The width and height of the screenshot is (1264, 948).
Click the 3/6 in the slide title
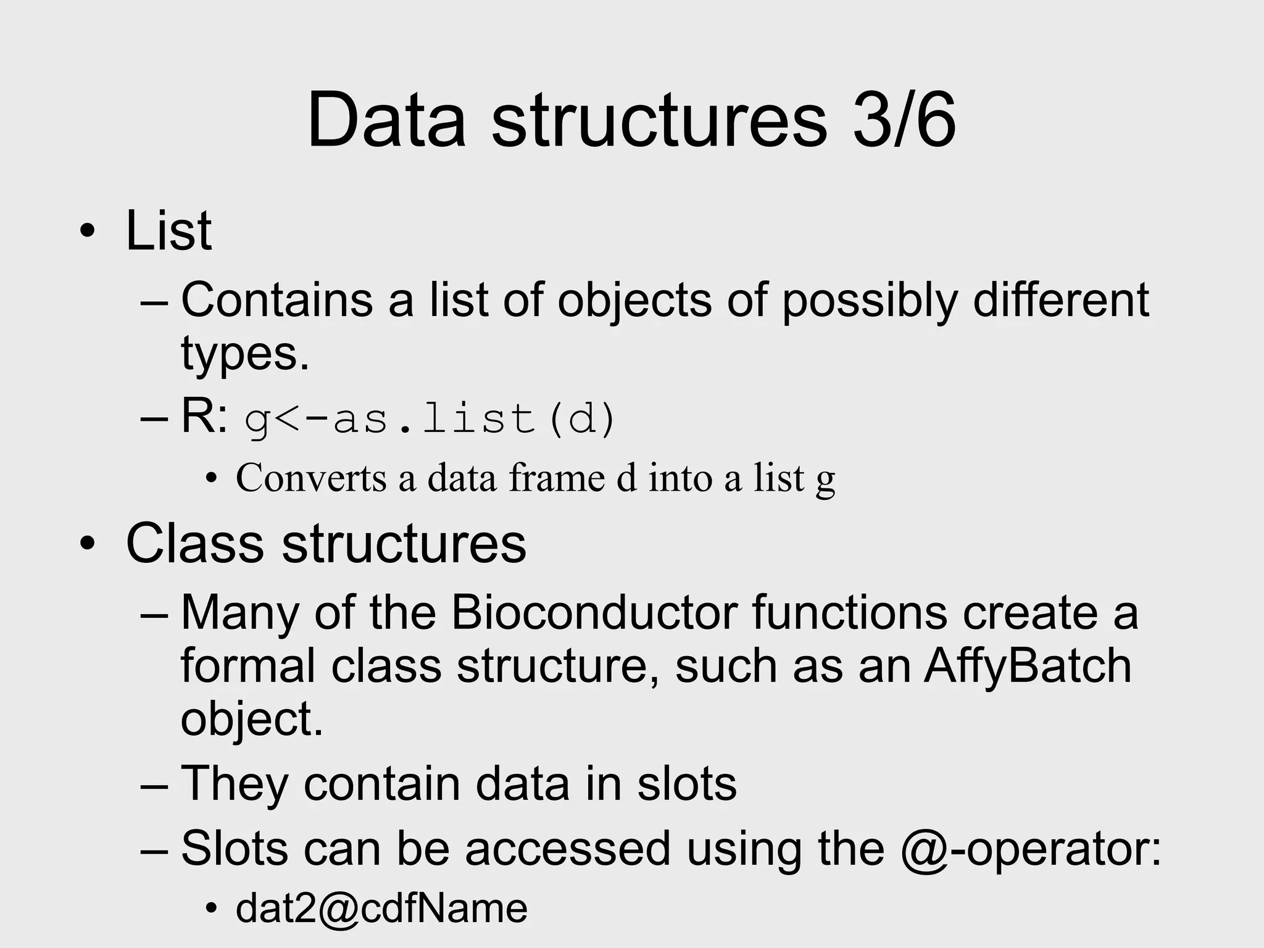point(904,120)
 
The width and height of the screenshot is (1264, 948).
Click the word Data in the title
point(386,120)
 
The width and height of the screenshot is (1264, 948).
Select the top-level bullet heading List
point(168,231)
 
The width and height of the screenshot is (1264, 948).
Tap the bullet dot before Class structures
point(88,544)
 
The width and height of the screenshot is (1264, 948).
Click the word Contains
point(276,301)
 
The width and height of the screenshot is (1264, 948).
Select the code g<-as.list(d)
point(430,420)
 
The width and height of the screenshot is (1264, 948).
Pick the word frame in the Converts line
point(557,478)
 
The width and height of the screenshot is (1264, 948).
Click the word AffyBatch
point(1028,667)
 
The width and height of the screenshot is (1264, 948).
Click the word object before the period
point(246,720)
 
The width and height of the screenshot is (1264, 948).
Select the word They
point(235,784)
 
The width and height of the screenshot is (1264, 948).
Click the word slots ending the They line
point(687,784)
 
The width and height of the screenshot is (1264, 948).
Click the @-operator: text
point(1031,849)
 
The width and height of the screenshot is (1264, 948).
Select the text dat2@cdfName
point(381,908)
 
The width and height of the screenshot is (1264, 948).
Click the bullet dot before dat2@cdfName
point(212,908)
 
